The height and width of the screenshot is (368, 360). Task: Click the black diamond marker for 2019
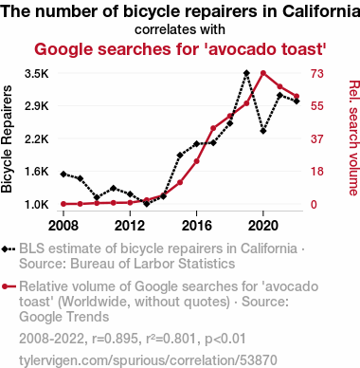pyautogui.click(x=246, y=73)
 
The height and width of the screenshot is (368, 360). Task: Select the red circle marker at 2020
pyautogui.click(x=263, y=73)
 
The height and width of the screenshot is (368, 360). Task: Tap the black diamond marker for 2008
pyautogui.click(x=63, y=175)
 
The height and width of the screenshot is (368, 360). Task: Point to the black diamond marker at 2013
pyautogui.click(x=147, y=204)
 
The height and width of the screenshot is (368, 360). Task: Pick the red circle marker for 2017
pyautogui.click(x=213, y=128)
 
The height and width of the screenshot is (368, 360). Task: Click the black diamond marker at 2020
pyautogui.click(x=263, y=131)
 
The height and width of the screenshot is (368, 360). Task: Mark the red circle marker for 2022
pyautogui.click(x=297, y=97)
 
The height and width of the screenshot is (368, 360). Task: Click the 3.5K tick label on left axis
pyautogui.click(x=37, y=74)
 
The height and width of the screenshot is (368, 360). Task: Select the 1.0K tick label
pyautogui.click(x=37, y=205)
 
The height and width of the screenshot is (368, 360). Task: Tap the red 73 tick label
pyautogui.click(x=317, y=74)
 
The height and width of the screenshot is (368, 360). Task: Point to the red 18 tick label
pyautogui.click(x=317, y=172)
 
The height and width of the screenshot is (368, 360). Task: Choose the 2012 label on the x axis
pyautogui.click(x=130, y=226)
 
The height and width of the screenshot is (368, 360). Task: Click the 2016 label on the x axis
pyautogui.click(x=196, y=226)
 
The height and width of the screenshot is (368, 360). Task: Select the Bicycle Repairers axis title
pyautogui.click(x=7, y=139)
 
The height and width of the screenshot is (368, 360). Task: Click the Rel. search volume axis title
pyautogui.click(x=354, y=138)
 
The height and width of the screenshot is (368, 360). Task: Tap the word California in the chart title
pyautogui.click(x=321, y=11)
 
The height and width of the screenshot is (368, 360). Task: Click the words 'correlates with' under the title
pyautogui.click(x=180, y=29)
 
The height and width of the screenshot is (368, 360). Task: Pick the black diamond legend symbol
pyautogui.click(x=9, y=248)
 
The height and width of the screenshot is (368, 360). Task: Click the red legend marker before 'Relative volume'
pyautogui.click(x=9, y=286)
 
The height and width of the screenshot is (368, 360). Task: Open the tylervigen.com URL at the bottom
pyautogui.click(x=148, y=360)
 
